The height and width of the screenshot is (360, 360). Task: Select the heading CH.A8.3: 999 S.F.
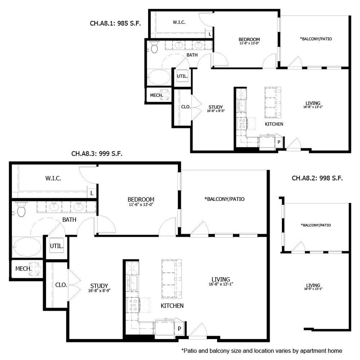[x=97, y=154]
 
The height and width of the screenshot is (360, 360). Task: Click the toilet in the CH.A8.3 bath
[x=21, y=210]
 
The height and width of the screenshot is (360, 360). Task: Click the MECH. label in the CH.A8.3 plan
[x=23, y=269]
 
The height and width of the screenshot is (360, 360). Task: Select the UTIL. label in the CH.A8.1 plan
[x=182, y=76]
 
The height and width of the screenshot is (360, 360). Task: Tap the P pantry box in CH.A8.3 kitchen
[x=180, y=329]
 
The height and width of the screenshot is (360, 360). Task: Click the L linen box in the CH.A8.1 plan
[x=209, y=34]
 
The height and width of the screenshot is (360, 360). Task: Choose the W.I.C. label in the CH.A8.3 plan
[x=53, y=178]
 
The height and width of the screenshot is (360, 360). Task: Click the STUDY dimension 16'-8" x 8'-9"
[x=99, y=291]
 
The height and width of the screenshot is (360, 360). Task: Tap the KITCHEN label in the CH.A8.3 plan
[x=172, y=306]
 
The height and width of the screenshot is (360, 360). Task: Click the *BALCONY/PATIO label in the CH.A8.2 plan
[x=316, y=225]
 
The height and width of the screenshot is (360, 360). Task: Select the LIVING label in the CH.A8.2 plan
[x=313, y=285]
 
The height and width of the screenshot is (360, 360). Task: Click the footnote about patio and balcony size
[x=261, y=351]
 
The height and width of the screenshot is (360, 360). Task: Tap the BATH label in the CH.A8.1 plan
[x=192, y=55]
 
